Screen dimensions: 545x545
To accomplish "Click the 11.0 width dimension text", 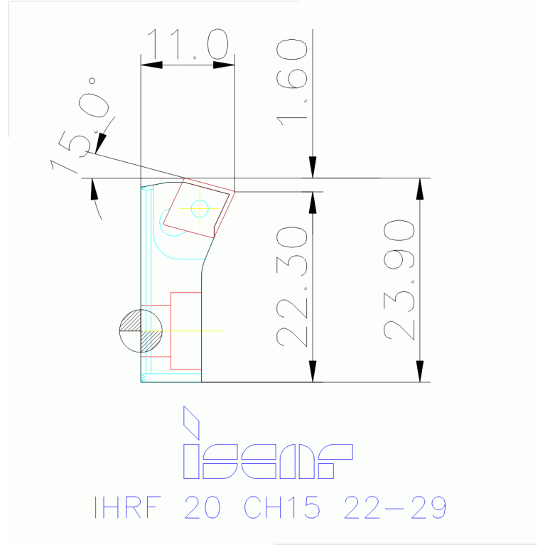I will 188,44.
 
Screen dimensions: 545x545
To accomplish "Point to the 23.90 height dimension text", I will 399,279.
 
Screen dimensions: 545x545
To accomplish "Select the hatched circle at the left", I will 137,331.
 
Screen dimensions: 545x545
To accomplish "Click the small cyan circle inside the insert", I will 200,208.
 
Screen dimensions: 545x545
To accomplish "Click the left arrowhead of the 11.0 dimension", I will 151,65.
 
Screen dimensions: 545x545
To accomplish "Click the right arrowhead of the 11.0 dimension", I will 225,65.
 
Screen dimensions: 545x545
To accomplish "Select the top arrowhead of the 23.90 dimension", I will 420,188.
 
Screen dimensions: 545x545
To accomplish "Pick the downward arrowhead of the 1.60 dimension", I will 312,168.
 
